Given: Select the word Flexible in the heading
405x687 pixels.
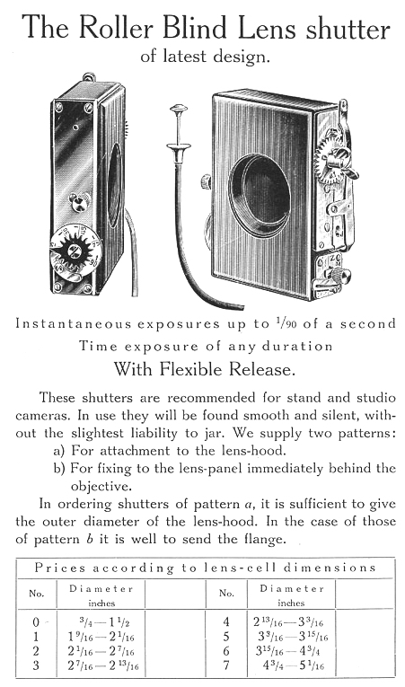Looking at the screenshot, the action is pos(196,369).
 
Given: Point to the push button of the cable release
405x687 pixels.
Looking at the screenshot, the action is pos(179,108).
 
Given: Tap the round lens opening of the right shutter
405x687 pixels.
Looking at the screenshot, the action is pos(260,195).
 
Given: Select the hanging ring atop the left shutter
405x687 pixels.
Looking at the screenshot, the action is pos(89,77).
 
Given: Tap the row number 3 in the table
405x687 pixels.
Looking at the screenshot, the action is pos(36,665).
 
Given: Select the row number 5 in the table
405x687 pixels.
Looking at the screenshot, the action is pos(226,637).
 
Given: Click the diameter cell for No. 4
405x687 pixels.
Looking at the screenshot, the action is pos(288,622).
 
